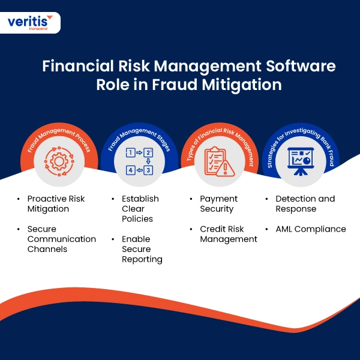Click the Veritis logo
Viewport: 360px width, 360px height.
pos(30,23)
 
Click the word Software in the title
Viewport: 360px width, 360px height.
pos(301,66)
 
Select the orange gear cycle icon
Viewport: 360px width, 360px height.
pos(59,161)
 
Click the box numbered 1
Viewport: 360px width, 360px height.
pos(130,152)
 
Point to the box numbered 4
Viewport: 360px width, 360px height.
pos(131,170)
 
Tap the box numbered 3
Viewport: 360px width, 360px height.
pos(148,170)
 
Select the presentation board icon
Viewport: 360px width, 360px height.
pos(301,161)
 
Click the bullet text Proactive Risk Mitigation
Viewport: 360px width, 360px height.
pos(56,203)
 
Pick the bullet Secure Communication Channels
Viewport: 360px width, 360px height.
pos(62,239)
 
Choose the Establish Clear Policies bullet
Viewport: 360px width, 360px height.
pos(140,209)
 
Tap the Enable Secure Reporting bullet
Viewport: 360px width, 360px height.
pos(142,250)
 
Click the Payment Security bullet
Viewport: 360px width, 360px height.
pos(219,203)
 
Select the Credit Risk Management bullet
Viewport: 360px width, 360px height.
pos(229,234)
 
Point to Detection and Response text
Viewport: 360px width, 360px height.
pos(305,203)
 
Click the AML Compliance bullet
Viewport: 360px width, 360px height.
pos(311,229)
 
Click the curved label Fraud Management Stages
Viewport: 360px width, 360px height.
pos(139,137)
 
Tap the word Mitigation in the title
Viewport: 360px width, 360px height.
pos(242,85)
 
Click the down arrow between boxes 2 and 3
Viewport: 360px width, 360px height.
pos(148,161)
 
